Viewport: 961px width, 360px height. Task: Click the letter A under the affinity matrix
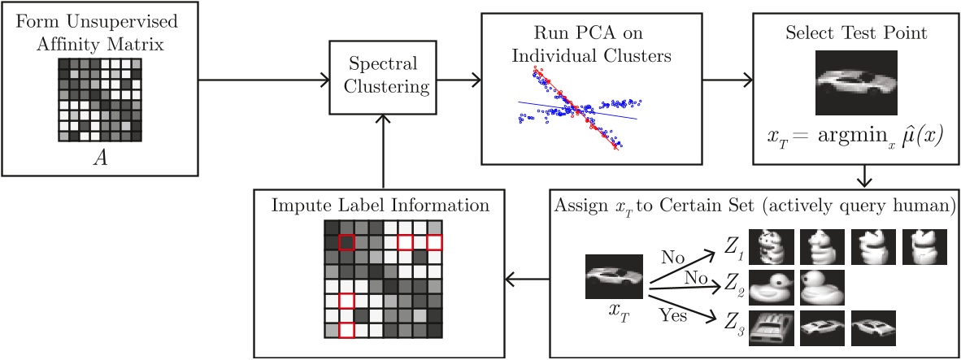[100, 158]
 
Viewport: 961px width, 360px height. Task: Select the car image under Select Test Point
[855, 82]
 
